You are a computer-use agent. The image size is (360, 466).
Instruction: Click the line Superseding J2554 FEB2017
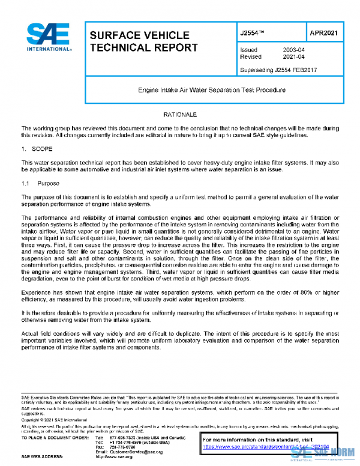tap(278, 70)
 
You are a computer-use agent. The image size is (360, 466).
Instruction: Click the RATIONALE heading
tap(179, 114)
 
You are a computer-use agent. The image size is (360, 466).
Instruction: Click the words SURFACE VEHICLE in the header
tap(139, 35)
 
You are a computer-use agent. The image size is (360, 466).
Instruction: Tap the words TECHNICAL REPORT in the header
tap(143, 47)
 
